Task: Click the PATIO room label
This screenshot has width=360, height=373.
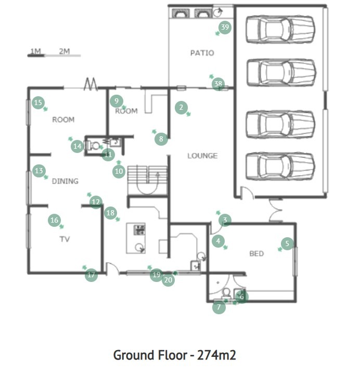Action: [x=202, y=53]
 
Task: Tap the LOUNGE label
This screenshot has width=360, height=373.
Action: [x=202, y=156]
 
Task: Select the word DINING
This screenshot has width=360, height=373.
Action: [x=65, y=181]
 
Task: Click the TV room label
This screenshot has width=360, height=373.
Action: [x=65, y=239]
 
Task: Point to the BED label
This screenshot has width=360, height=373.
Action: [x=256, y=253]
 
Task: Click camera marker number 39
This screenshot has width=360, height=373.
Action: [x=225, y=28]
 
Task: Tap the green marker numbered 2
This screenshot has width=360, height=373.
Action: [x=181, y=108]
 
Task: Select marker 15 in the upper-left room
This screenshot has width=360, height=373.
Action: [x=38, y=103]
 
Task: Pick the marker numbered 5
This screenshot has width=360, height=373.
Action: [x=287, y=243]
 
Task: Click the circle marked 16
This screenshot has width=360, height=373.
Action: [x=54, y=220]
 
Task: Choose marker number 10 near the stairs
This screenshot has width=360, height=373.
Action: [x=119, y=171]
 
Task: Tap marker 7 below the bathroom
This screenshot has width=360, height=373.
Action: [x=218, y=307]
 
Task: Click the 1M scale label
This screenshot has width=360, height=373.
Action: [x=36, y=51]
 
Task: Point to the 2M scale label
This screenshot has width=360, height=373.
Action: [x=64, y=51]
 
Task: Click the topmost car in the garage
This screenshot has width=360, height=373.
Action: [x=280, y=30]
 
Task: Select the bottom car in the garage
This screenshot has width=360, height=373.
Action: [x=280, y=166]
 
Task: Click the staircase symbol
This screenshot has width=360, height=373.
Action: [x=148, y=180]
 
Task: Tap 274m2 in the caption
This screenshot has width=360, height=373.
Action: [x=216, y=355]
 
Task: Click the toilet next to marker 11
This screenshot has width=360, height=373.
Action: [x=94, y=146]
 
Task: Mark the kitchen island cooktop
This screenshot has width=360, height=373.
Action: [x=139, y=230]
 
